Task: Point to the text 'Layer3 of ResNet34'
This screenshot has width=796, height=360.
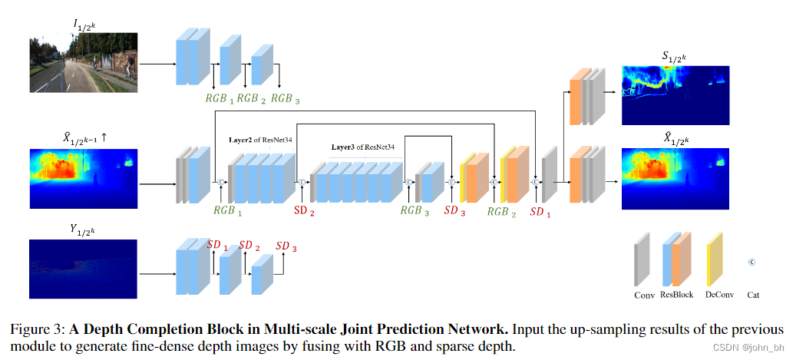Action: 362,147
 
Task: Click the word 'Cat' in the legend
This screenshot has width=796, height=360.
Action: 752,295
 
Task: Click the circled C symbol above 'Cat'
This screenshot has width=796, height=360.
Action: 752,263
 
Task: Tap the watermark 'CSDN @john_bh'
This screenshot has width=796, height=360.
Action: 751,347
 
